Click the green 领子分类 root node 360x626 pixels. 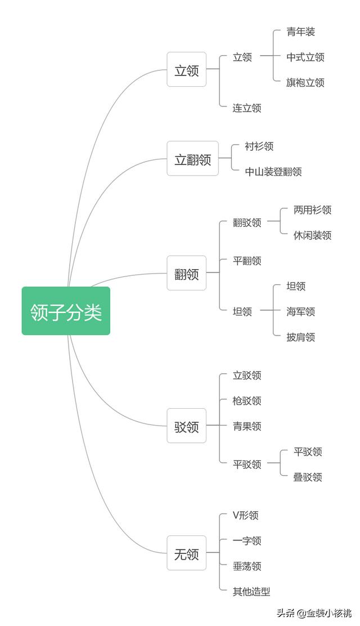(x=66, y=311)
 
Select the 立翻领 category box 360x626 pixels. (x=192, y=159)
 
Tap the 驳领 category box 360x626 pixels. (x=186, y=427)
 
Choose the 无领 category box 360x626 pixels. (x=186, y=554)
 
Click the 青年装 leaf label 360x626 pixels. (x=300, y=32)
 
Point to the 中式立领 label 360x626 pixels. (x=305, y=57)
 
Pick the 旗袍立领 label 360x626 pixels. (x=305, y=82)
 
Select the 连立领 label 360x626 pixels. (x=247, y=108)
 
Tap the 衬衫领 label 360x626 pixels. (x=259, y=146)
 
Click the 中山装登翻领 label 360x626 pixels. (x=273, y=172)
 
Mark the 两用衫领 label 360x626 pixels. (x=312, y=209)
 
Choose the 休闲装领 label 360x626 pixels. (x=312, y=235)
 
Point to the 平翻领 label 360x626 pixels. (x=247, y=261)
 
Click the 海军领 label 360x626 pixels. (x=300, y=311)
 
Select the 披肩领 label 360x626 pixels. (x=300, y=337)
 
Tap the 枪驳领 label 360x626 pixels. (x=247, y=400)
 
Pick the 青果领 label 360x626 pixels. (x=247, y=426)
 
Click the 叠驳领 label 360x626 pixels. (x=307, y=477)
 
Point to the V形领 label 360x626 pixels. (x=245, y=515)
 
